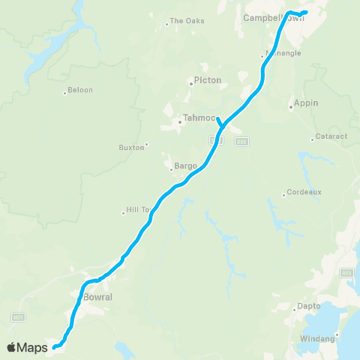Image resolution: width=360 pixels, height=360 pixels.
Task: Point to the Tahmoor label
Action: (199, 118)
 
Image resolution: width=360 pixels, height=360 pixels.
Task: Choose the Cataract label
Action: (329, 138)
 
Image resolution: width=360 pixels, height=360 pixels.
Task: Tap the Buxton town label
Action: (131, 148)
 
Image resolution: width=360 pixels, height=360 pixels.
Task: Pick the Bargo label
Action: (186, 166)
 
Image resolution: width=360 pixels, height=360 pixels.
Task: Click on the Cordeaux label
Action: (304, 192)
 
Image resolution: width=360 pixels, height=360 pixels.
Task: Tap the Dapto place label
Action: (308, 306)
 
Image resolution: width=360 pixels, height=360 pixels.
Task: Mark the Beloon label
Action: (80, 90)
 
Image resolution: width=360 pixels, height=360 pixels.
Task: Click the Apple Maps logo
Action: (27, 347)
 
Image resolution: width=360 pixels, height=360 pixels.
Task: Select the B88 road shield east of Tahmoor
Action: (241, 141)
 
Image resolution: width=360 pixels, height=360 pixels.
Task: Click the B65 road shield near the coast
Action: (346, 272)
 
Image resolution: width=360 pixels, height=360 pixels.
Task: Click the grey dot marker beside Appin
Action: (290, 106)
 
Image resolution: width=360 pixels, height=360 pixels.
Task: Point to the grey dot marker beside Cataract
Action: (313, 139)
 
